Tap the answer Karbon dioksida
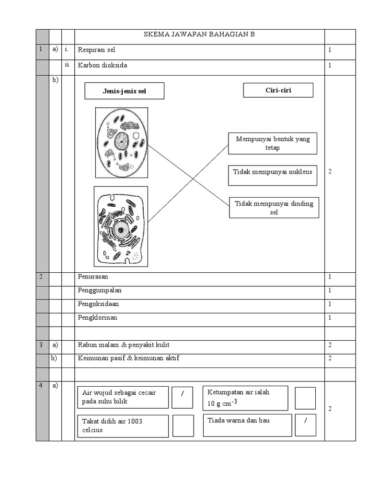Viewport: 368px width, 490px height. point(103,66)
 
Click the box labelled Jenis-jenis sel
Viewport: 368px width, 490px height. point(124,91)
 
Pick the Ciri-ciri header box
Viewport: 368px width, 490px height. point(278,90)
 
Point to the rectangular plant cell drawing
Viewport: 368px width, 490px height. point(121,226)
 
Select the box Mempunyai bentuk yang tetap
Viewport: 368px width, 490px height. point(273,144)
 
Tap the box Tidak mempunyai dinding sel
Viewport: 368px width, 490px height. point(274,208)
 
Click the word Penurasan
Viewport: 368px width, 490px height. point(96,277)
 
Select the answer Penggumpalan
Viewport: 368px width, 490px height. point(100,290)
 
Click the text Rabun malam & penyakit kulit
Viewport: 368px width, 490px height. point(124,345)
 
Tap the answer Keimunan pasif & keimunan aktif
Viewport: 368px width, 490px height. point(128,358)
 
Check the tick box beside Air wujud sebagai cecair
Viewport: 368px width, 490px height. point(182,397)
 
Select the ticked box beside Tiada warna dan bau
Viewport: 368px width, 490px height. point(305,425)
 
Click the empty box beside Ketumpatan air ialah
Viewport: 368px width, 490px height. point(305,398)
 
